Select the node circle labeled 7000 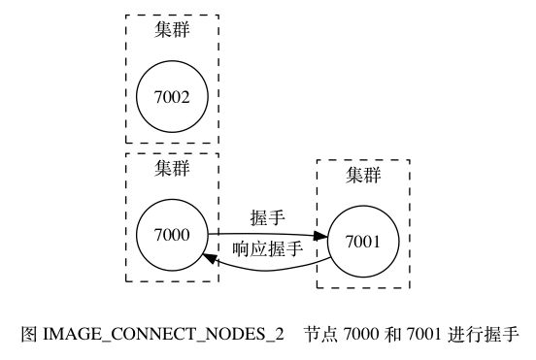(x=172, y=234)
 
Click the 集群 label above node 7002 (x=172, y=29)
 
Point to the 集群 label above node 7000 (x=172, y=168)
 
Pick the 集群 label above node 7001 (x=363, y=176)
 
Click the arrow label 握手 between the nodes (x=267, y=216)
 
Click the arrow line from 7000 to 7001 (x=262, y=234)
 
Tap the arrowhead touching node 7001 (x=321, y=236)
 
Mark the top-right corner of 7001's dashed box (x=409, y=161)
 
